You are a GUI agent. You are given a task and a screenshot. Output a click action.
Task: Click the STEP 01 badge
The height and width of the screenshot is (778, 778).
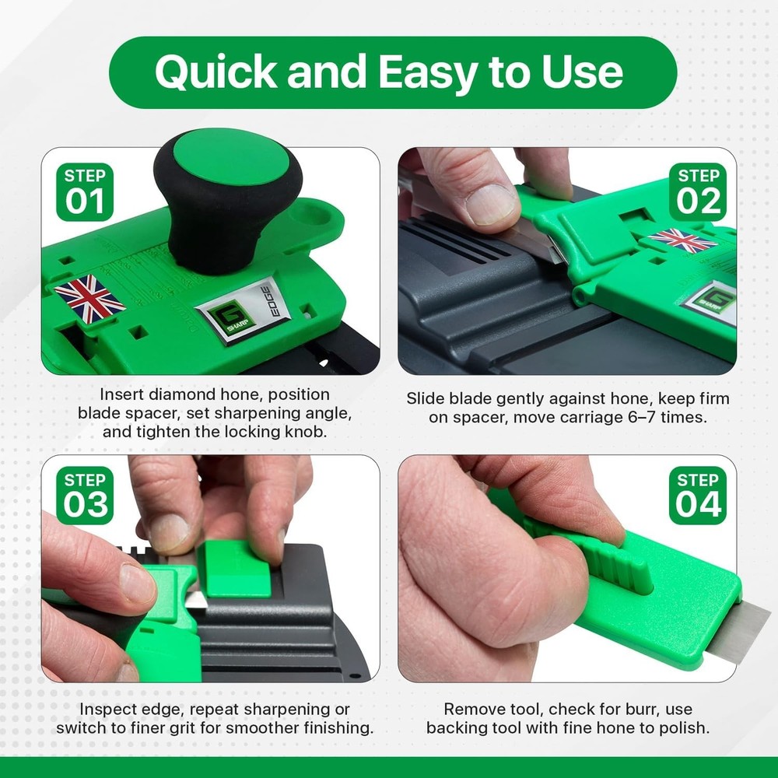point(85,191)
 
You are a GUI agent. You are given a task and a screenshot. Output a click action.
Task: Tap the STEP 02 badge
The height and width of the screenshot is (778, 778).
point(697,191)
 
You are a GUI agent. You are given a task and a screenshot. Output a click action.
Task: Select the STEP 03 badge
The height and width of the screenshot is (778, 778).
point(85,496)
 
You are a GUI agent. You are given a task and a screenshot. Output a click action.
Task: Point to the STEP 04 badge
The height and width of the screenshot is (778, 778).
point(697,496)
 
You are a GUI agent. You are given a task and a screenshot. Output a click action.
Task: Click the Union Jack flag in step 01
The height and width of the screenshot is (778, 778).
point(89,298)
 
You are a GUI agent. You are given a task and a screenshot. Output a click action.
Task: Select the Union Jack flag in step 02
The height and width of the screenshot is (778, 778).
point(682,240)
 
